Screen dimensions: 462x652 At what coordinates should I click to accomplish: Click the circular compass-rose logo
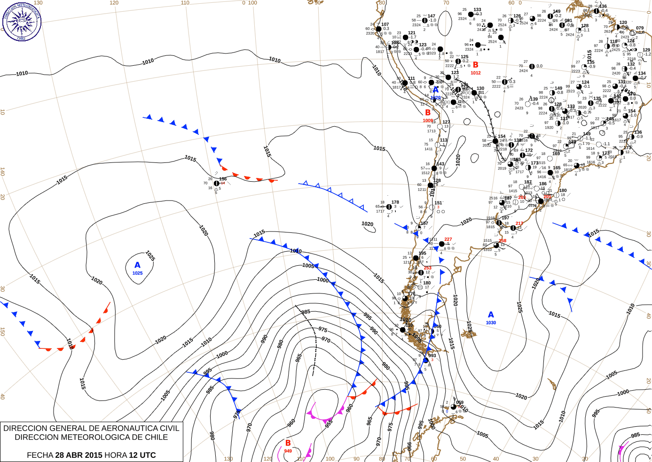22,22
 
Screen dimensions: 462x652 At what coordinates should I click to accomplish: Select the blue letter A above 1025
137,265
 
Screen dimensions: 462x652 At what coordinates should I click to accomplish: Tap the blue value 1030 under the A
491,323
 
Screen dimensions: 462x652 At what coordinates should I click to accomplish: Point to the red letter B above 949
288,443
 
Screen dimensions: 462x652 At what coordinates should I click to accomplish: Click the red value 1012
476,73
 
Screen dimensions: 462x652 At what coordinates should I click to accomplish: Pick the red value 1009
428,120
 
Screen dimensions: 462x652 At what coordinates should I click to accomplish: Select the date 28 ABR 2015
79,455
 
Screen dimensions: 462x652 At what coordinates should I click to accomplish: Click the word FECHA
40,455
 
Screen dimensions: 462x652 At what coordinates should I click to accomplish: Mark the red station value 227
448,239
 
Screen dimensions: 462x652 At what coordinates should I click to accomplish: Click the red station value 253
427,268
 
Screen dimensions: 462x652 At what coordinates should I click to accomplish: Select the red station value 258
503,241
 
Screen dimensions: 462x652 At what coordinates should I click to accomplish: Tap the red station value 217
519,223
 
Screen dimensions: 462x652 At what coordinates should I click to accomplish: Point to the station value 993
432,355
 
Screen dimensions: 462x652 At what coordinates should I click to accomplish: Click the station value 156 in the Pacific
223,179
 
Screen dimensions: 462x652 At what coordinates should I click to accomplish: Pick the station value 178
395,202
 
